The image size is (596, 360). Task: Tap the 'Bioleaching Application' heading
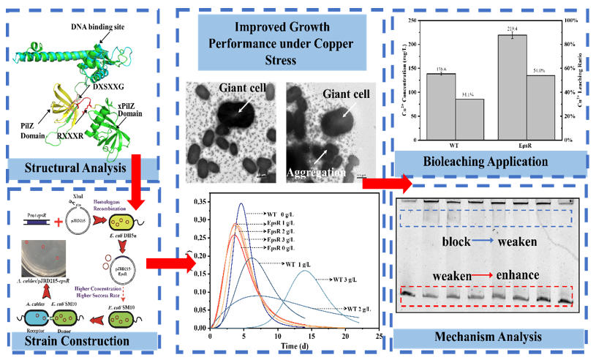(x=482, y=160)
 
